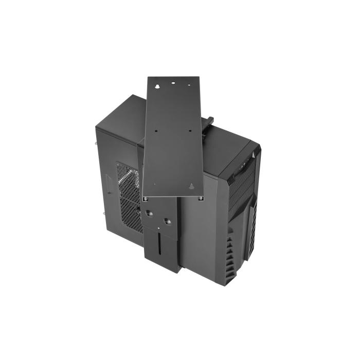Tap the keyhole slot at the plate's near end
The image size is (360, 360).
(x=191, y=187)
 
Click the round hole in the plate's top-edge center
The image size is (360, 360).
(x=174, y=82)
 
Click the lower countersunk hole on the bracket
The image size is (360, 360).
(x=166, y=221)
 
